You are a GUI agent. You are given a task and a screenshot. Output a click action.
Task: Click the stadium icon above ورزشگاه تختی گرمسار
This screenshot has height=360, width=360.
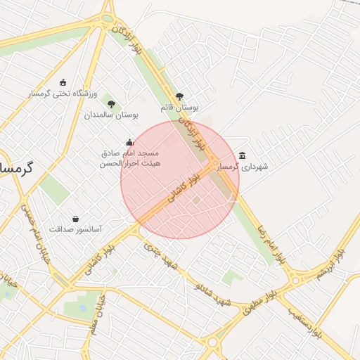tap(64, 82)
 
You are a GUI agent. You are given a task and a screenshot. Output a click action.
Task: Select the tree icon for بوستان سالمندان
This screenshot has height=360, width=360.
tap(111, 104)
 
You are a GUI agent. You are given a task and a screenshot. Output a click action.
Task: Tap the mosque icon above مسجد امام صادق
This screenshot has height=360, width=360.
tap(129, 142)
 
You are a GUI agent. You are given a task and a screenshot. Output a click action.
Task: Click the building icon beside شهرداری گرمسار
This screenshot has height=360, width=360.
tap(243, 155)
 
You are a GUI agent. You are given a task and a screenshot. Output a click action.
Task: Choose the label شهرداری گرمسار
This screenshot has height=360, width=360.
tap(245, 167)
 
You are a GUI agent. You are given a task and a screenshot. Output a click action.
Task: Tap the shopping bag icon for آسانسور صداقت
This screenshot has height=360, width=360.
tap(75, 219)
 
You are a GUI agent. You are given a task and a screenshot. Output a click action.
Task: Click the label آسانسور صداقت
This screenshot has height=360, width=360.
tap(75, 230)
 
